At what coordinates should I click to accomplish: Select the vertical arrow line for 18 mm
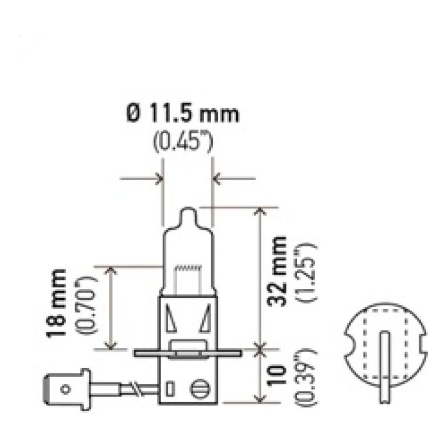[111, 308]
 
